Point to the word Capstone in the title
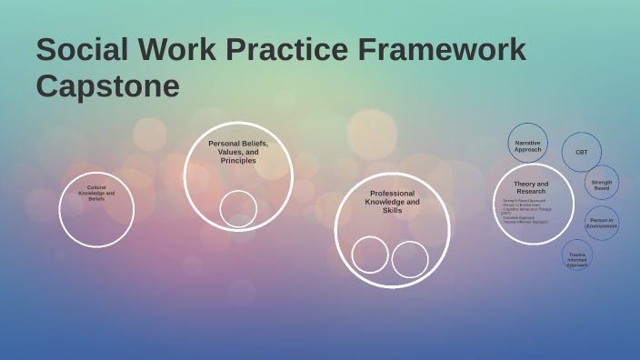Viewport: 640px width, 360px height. (108, 86)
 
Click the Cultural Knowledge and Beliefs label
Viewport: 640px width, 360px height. (96, 193)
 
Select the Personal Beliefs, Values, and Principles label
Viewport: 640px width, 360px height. (238, 152)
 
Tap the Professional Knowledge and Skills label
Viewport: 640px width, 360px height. (392, 202)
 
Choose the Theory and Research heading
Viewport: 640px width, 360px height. (531, 187)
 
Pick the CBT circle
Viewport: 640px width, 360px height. (581, 152)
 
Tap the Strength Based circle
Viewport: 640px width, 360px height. (602, 184)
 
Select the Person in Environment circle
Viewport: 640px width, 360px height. (601, 223)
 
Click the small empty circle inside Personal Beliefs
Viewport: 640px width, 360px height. (238, 209)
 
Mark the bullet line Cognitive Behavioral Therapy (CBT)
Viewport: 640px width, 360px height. (526, 210)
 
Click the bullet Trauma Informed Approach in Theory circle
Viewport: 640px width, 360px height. (526, 222)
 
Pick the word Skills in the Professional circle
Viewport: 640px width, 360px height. (392, 210)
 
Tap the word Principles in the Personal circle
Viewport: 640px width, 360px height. (238, 161)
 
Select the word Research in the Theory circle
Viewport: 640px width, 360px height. (531, 192)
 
